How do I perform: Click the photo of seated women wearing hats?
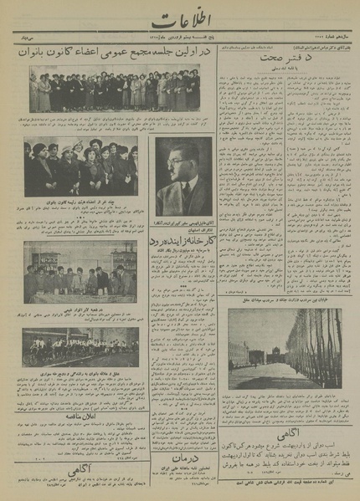coord(80,168)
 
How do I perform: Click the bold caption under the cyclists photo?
coord(80,372)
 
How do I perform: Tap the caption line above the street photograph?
coord(285,303)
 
